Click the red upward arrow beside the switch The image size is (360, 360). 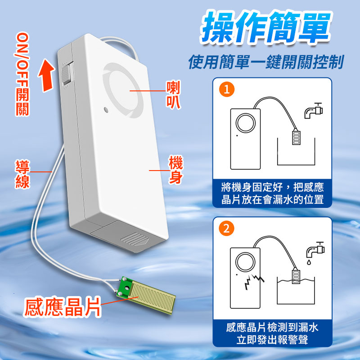[x=47, y=75]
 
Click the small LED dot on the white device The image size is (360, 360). [x=106, y=109]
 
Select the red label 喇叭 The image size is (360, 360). [x=173, y=94]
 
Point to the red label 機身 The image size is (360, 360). [x=176, y=170]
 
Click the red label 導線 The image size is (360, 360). [x=22, y=174]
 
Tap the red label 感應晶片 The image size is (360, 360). [x=62, y=307]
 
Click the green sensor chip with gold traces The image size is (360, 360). [x=146, y=295]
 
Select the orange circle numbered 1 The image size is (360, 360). [x=227, y=89]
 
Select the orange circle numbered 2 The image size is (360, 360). [x=227, y=229]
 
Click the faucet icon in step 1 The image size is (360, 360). [x=313, y=111]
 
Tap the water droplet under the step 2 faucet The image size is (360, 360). [x=309, y=262]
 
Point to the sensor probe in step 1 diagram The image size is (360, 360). [x=296, y=137]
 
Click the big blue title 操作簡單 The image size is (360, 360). [x=266, y=27]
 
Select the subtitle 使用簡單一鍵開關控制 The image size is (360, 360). [x=266, y=62]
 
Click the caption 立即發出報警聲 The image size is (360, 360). [x=272, y=340]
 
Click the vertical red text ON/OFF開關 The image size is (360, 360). [x=22, y=74]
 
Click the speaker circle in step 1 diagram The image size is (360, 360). [x=245, y=123]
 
